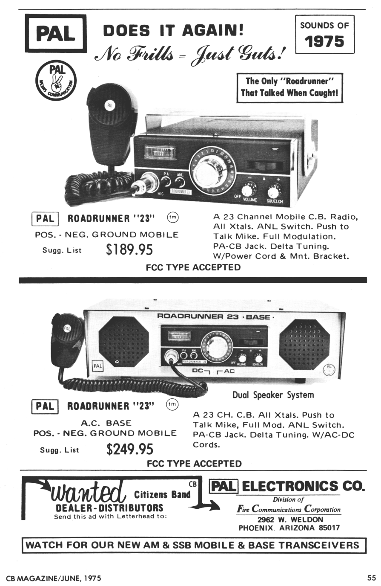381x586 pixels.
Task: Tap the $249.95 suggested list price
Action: click(130, 449)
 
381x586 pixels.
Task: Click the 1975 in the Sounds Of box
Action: click(324, 41)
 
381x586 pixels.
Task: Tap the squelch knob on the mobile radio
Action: click(275, 190)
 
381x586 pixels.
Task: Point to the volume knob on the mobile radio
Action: click(249, 189)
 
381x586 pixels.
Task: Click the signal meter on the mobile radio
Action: click(160, 152)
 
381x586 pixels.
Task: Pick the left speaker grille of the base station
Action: click(123, 342)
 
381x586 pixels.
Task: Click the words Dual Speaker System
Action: click(273, 395)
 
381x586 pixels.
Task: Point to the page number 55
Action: click(371, 578)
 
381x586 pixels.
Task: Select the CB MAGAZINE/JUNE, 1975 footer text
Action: click(54, 578)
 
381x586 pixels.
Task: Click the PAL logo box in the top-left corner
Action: click(55, 33)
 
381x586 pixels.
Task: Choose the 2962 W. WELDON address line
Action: click(290, 520)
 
